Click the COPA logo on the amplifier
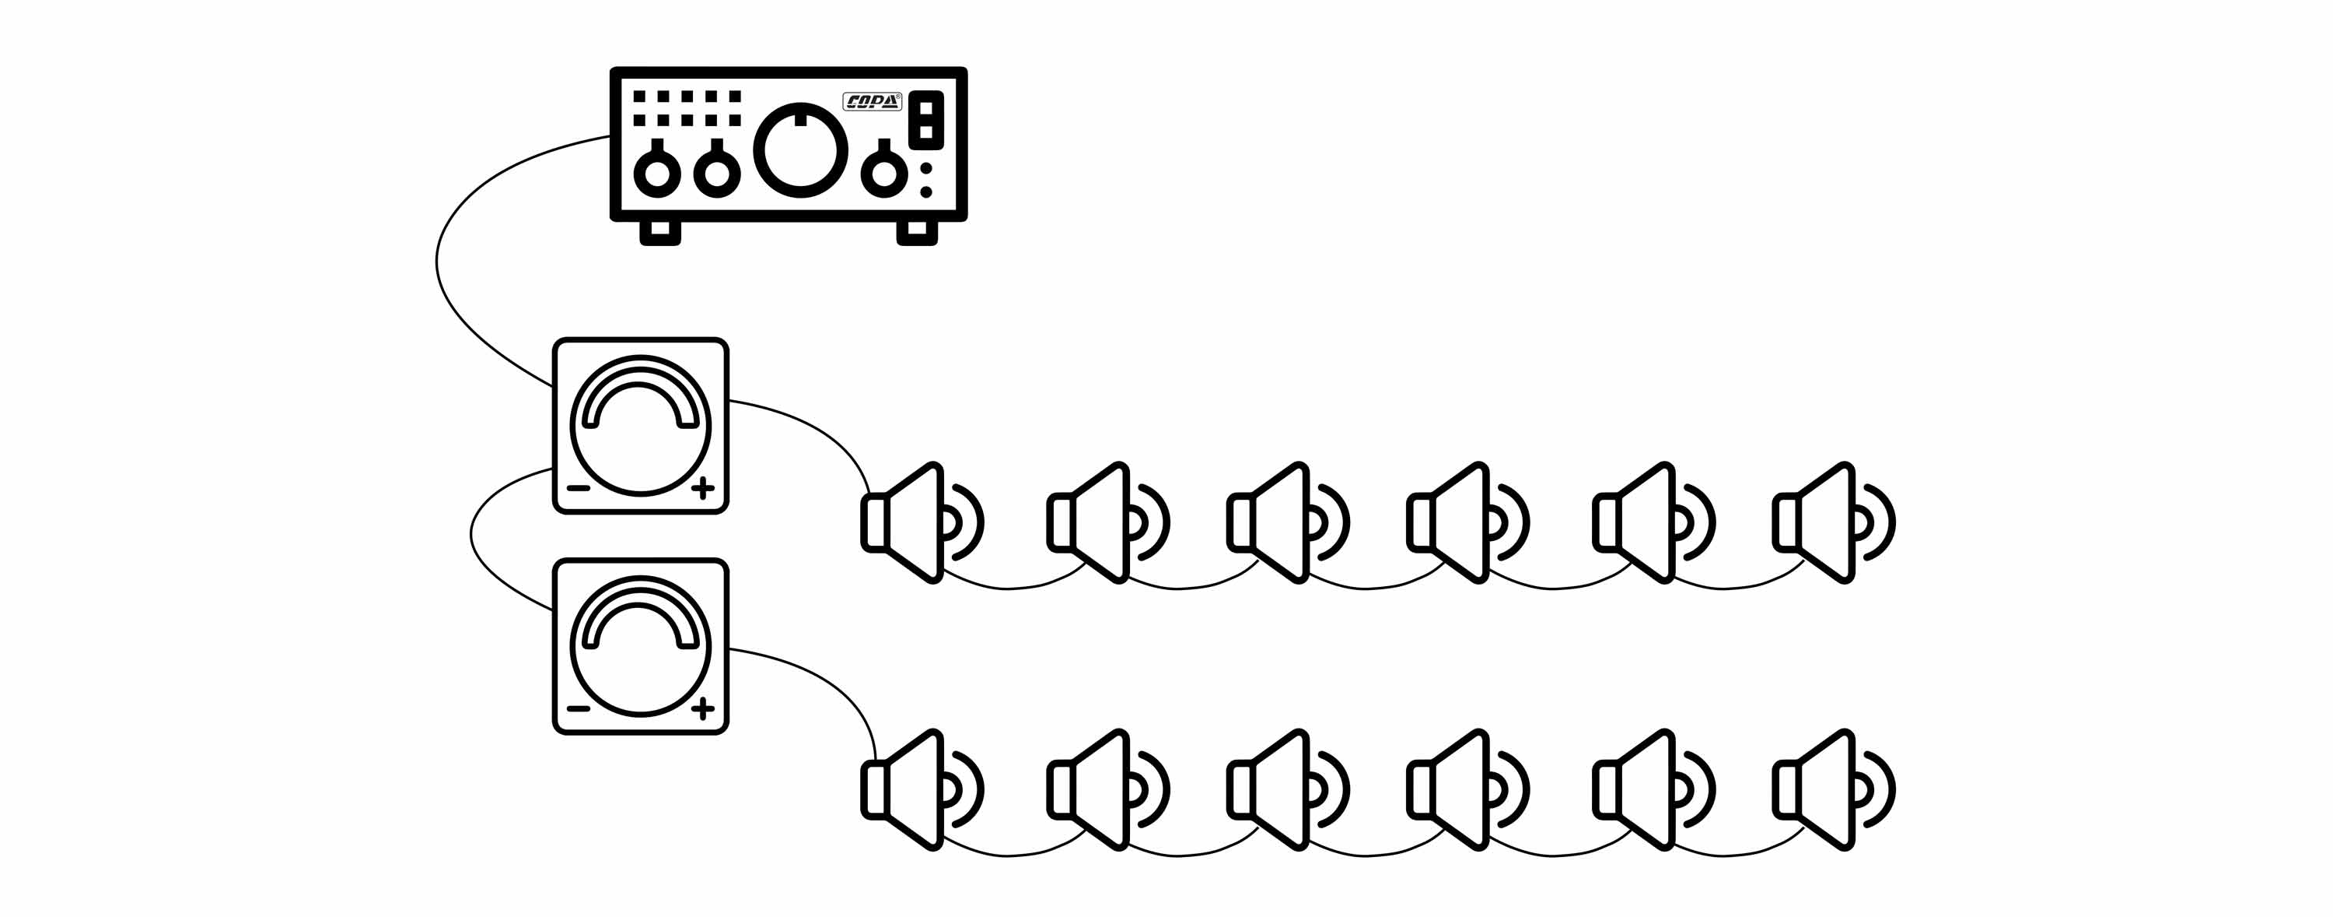click(871, 101)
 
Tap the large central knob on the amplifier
click(801, 150)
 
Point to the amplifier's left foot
click(660, 232)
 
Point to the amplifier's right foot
click(917, 232)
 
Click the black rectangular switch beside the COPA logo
click(926, 120)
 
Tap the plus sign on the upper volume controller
click(703, 488)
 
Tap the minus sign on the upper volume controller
click(579, 488)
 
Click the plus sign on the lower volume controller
click(703, 708)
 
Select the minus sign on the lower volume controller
click(579, 708)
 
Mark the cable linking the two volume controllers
click(472, 535)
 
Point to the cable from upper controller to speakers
click(815, 425)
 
